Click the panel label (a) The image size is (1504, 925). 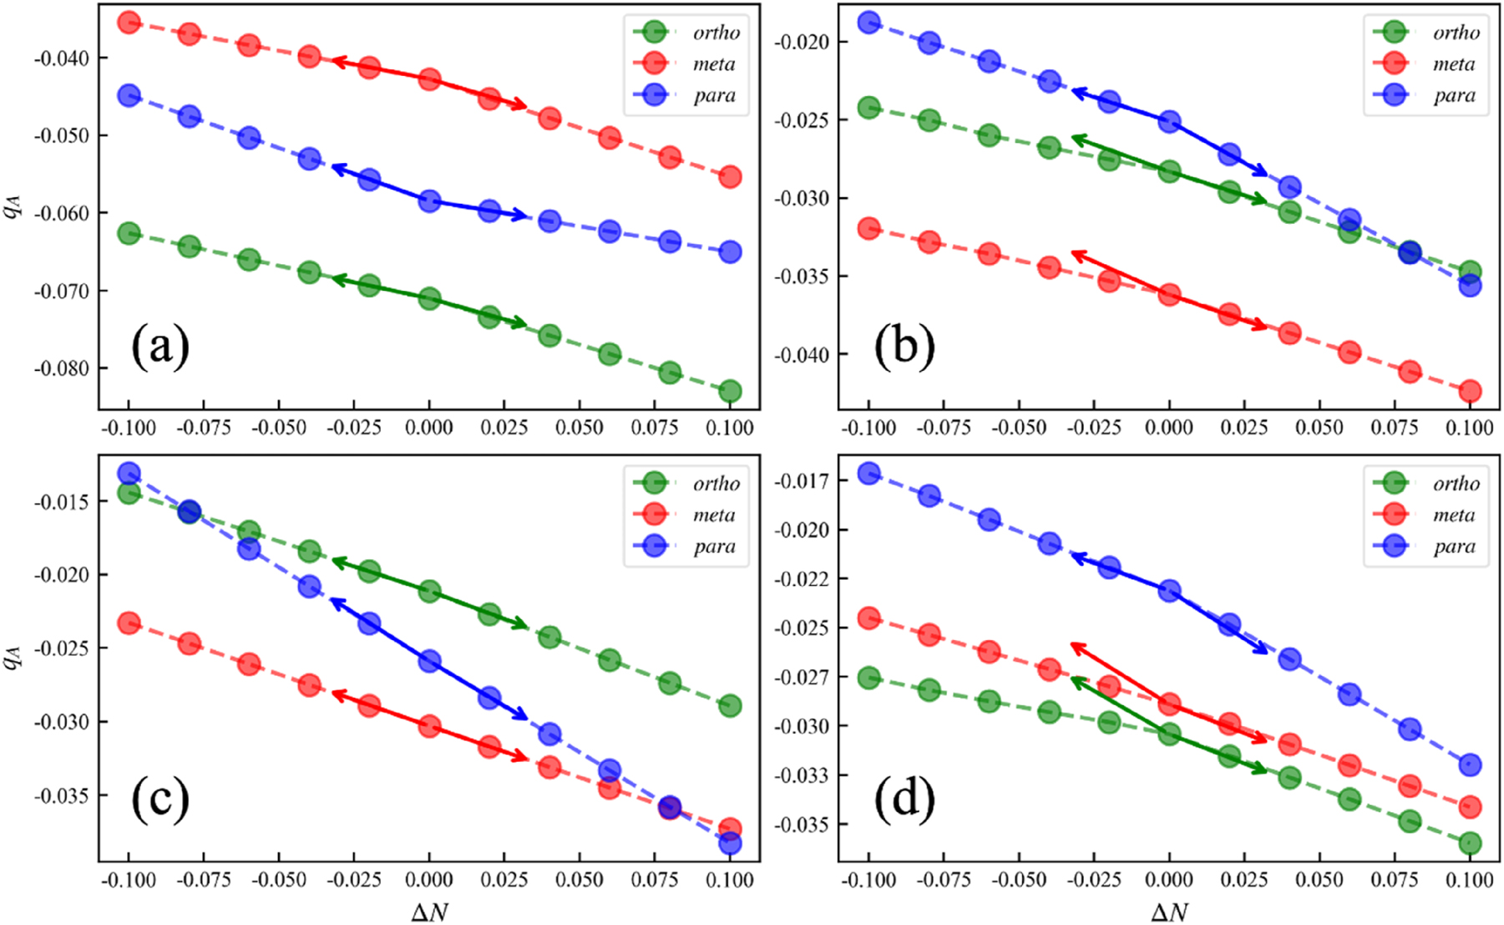160,347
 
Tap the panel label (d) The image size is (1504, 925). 904,799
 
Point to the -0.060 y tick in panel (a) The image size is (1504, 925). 60,213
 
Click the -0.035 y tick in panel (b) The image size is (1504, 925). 801,277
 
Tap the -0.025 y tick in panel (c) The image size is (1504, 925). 60,648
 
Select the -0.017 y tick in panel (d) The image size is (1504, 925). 801,481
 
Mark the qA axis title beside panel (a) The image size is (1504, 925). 12,206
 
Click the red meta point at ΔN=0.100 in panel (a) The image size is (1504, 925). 730,176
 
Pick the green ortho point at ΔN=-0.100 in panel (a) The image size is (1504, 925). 129,233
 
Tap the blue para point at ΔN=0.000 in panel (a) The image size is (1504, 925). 429,201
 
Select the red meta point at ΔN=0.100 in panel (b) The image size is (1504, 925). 1470,391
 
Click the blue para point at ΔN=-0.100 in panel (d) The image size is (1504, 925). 868,474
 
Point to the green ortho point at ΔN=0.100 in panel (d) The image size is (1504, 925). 1470,843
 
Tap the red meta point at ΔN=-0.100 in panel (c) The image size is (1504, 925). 129,623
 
